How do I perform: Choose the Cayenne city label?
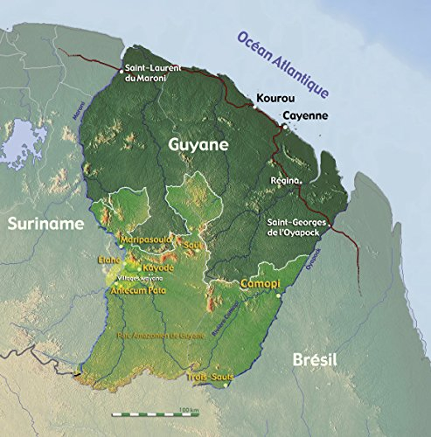tap(305, 115)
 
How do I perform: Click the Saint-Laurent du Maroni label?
tap(152, 73)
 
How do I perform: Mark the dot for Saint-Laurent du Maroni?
tap(121, 68)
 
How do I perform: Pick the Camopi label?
tap(261, 284)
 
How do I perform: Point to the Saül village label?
tap(193, 247)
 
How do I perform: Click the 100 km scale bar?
tap(149, 411)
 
